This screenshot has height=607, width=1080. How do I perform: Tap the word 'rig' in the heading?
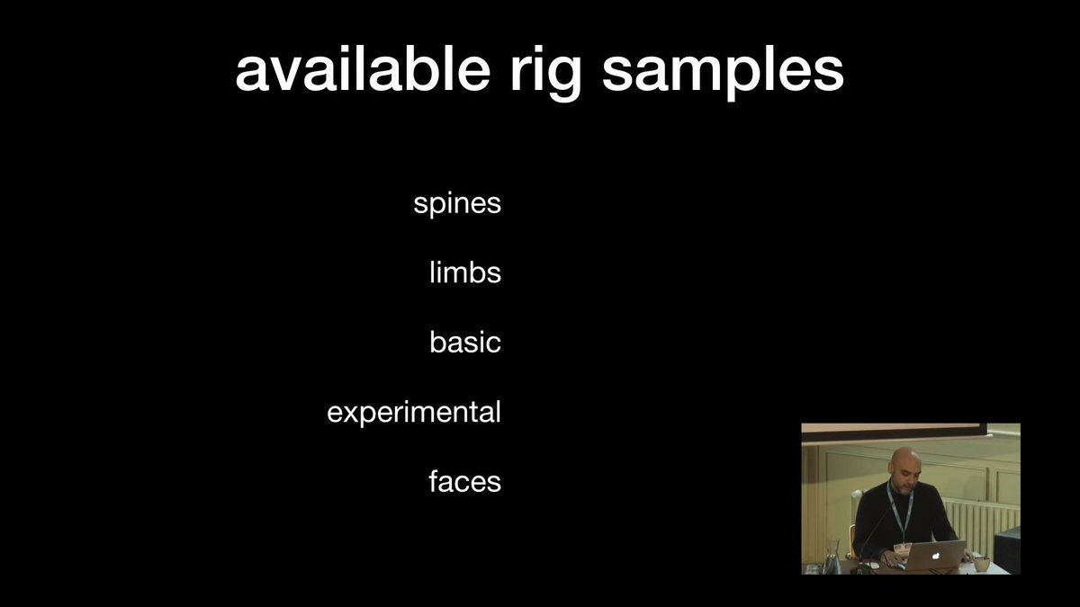click(x=545, y=74)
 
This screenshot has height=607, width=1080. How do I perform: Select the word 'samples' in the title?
click(x=723, y=74)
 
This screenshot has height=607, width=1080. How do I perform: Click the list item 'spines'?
click(x=457, y=204)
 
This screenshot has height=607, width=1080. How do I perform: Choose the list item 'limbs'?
click(x=465, y=272)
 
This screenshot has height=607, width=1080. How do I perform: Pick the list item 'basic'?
click(x=465, y=341)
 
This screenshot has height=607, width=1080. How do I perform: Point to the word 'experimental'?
click(x=414, y=413)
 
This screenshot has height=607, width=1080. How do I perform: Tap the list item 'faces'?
click(x=464, y=481)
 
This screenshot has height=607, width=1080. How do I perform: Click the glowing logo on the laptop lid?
click(x=935, y=556)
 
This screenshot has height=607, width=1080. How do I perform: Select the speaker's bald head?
click(x=905, y=464)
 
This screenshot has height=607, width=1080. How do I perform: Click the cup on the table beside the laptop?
click(x=982, y=564)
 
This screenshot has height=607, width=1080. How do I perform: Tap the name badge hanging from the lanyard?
click(x=902, y=549)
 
